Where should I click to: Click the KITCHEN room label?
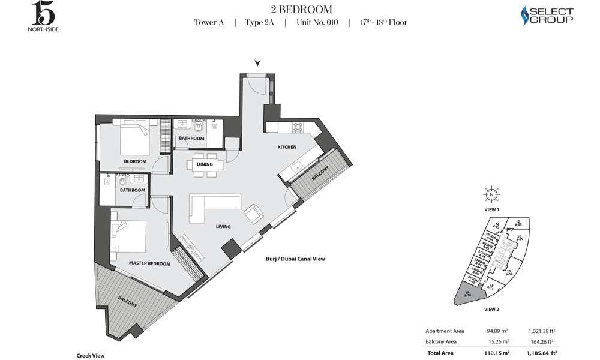(x=287, y=147)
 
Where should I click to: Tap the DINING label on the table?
(x=205, y=164)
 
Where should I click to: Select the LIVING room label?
(x=224, y=227)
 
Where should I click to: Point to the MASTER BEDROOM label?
(x=149, y=263)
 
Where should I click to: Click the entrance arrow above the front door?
(x=257, y=62)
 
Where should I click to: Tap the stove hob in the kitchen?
(x=298, y=128)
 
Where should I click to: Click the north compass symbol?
(x=491, y=195)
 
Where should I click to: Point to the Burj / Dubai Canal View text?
(x=295, y=259)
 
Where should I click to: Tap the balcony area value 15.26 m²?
(x=496, y=342)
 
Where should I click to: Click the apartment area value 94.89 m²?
(x=496, y=331)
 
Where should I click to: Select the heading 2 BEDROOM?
(x=300, y=10)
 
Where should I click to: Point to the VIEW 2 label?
(x=491, y=310)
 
